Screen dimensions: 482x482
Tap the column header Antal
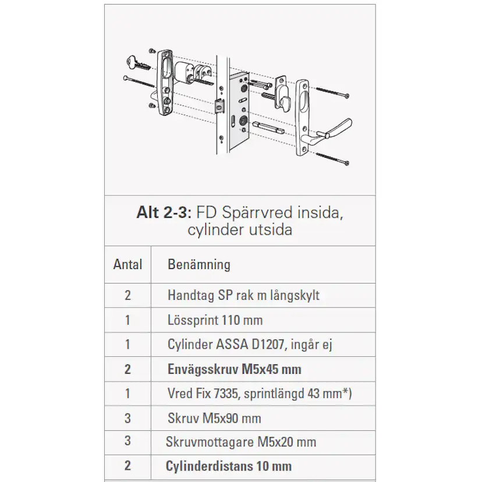pyautogui.click(x=127, y=264)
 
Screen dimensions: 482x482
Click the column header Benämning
pyautogui.click(x=199, y=264)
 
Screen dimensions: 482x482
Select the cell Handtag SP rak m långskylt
pyautogui.click(x=243, y=295)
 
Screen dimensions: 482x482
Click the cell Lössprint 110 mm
pyautogui.click(x=214, y=320)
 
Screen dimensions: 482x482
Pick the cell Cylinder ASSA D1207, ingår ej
pyautogui.click(x=249, y=345)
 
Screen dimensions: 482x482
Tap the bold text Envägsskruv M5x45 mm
pyautogui.click(x=233, y=369)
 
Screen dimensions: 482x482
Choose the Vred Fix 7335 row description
pyautogui.click(x=259, y=394)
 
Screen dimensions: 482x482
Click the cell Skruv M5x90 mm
pyautogui.click(x=214, y=418)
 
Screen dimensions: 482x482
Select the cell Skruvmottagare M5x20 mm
pyautogui.click(x=241, y=442)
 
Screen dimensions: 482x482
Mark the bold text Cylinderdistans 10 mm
pyautogui.click(x=228, y=466)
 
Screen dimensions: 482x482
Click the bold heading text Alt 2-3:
pyautogui.click(x=160, y=212)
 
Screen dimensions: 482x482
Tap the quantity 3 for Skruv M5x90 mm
pyautogui.click(x=127, y=418)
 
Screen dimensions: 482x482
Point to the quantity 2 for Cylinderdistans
pyautogui.click(x=127, y=466)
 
